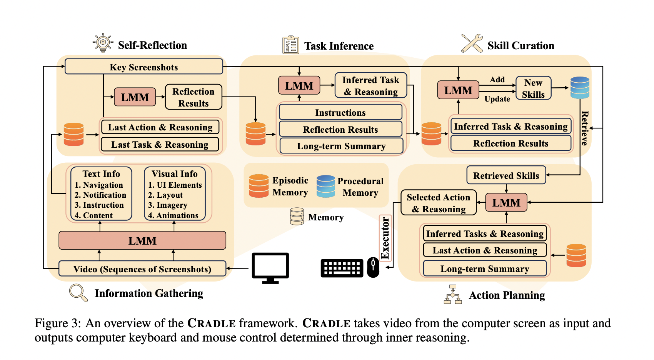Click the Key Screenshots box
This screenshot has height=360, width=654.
coord(143,67)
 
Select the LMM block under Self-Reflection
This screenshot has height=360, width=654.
coord(135,97)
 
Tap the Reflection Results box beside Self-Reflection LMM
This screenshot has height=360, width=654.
coord(193,97)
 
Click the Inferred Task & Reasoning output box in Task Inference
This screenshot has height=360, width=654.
coord(370,86)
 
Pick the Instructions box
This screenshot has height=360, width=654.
coord(340,113)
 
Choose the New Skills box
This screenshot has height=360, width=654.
coord(533,88)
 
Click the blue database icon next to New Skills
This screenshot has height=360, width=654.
coord(580,88)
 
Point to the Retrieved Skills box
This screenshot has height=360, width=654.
coord(506,175)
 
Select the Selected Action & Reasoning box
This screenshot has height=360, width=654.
coord(438,203)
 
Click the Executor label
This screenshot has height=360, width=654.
coord(385,238)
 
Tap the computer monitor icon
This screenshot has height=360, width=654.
coord(270,268)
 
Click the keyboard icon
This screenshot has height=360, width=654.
coord(342,268)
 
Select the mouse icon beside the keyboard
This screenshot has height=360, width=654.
coord(373,267)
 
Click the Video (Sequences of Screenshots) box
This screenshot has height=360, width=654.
coord(142,269)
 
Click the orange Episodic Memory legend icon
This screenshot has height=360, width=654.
coord(259,186)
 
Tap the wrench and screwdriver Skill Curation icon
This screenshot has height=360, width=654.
coord(472,43)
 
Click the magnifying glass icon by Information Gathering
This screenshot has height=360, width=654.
coord(78,293)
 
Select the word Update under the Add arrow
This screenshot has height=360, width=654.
coord(497,99)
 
